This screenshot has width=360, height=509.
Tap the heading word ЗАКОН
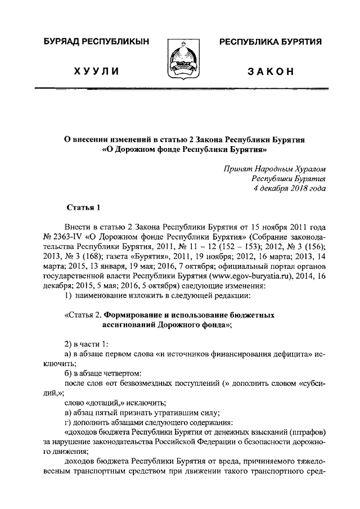click(270, 71)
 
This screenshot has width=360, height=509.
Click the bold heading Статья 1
click(83, 208)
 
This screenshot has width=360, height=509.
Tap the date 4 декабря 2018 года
click(290, 188)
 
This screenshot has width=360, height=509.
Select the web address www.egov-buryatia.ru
click(250, 276)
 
